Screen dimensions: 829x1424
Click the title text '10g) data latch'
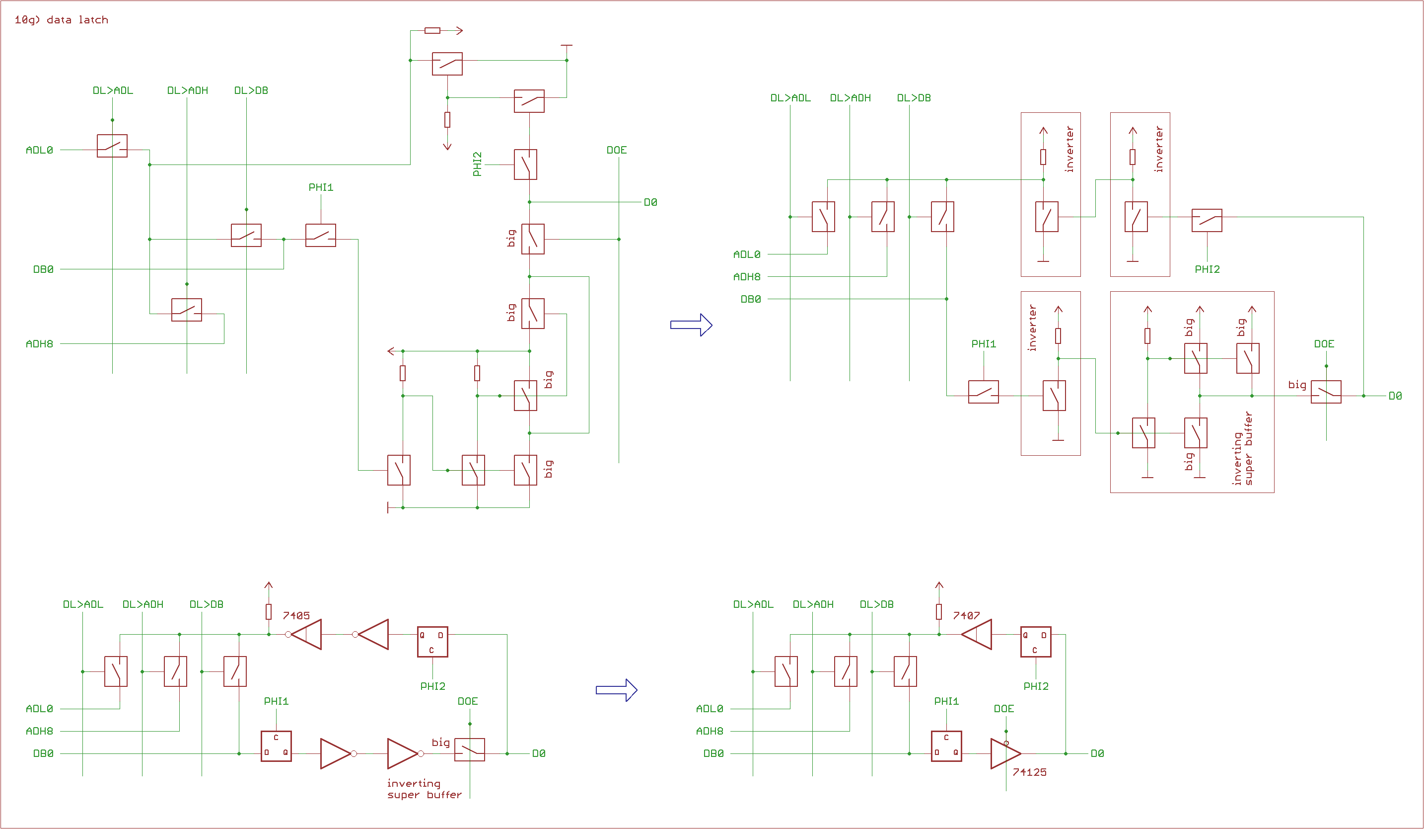tap(61, 20)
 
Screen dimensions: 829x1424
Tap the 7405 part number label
tap(296, 615)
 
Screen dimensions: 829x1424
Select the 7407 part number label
tap(966, 615)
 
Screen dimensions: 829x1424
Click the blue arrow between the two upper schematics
tap(691, 325)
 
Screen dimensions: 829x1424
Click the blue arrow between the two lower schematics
tap(617, 690)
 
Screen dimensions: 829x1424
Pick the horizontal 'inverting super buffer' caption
tap(424, 789)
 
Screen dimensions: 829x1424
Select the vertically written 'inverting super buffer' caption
tap(1243, 448)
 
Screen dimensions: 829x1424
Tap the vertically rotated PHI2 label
tap(478, 164)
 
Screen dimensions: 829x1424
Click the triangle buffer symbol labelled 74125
tap(1005, 753)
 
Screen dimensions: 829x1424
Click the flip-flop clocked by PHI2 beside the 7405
tap(432, 641)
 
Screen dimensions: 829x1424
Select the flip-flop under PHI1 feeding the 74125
tap(946, 746)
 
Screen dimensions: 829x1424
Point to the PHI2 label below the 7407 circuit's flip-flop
tap(1036, 686)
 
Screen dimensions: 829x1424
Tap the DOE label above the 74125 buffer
tap(1003, 709)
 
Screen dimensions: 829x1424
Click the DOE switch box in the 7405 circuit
tap(470, 750)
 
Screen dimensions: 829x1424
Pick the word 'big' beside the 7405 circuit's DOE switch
tap(441, 742)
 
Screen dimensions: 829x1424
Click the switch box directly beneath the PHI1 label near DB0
tap(320, 235)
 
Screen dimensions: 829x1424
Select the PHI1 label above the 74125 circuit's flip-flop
tap(946, 701)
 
